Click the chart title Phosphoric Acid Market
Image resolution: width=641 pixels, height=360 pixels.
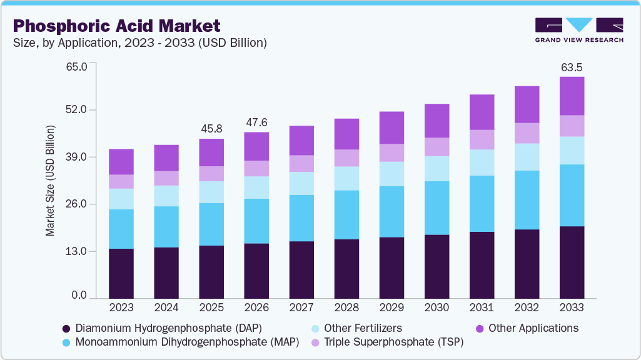(x=117, y=26)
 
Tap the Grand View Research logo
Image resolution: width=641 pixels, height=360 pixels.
(x=578, y=29)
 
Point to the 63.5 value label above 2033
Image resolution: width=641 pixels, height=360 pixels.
(x=571, y=66)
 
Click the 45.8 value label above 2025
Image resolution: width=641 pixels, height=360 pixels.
(x=211, y=128)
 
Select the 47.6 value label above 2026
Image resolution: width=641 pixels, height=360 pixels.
(x=256, y=122)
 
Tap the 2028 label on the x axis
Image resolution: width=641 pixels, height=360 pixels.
(x=346, y=307)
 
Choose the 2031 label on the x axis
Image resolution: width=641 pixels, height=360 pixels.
(x=482, y=307)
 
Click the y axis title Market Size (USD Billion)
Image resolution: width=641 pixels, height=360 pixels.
(x=50, y=181)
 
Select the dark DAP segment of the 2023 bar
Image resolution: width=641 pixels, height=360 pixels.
(x=121, y=273)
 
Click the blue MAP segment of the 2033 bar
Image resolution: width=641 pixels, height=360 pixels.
(x=572, y=195)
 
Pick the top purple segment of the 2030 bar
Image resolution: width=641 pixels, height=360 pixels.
(x=437, y=121)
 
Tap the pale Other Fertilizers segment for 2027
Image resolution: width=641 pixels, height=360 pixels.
(x=301, y=183)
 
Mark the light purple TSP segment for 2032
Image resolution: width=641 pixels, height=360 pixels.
(x=527, y=133)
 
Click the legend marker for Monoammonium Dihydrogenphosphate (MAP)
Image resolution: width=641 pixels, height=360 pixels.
(x=66, y=342)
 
